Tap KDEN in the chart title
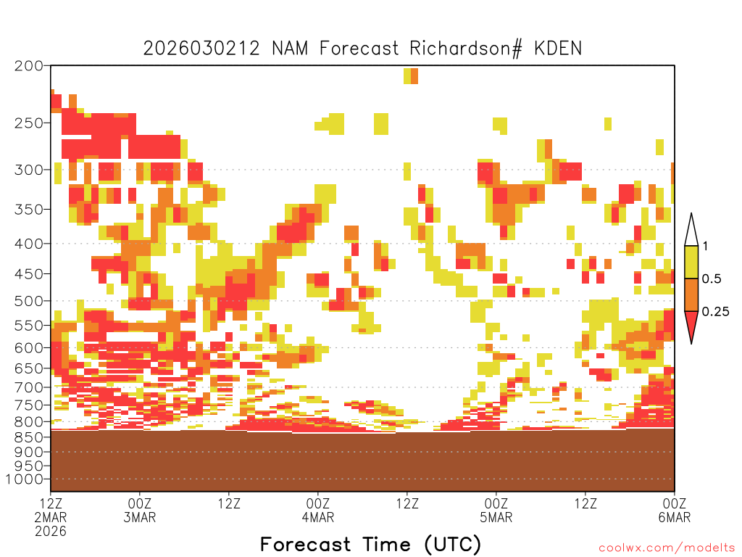(x=558, y=49)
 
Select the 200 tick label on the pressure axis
(x=29, y=66)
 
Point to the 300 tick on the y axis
(x=29, y=170)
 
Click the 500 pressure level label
(x=29, y=301)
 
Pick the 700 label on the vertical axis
(x=29, y=387)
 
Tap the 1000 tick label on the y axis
(x=25, y=479)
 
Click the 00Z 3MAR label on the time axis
(x=140, y=510)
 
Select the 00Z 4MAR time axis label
(x=318, y=510)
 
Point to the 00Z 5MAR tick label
(x=496, y=510)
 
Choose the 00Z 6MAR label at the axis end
(x=675, y=510)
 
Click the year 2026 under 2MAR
(x=51, y=531)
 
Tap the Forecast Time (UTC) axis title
(x=370, y=544)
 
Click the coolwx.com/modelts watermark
(x=667, y=548)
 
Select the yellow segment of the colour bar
(x=691, y=262)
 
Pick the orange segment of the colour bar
(x=691, y=294)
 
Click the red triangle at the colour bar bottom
(x=691, y=324)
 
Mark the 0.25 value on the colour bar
(x=715, y=312)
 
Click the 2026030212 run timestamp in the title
(x=201, y=49)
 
